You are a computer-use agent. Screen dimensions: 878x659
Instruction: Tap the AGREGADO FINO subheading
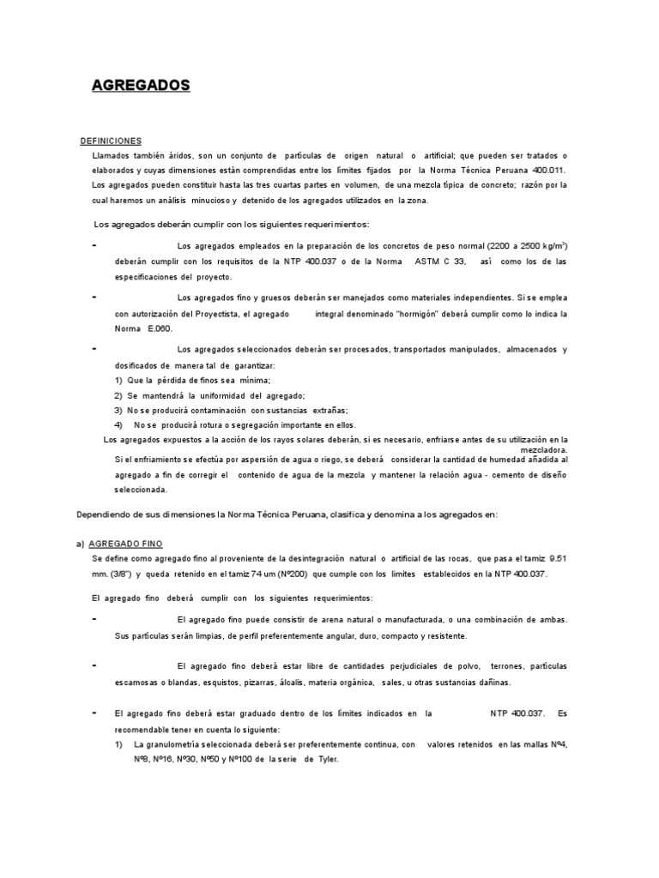pos(125,544)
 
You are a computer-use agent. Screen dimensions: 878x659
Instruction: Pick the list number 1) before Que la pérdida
pos(118,380)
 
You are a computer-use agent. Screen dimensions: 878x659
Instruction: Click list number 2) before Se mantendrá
pos(118,395)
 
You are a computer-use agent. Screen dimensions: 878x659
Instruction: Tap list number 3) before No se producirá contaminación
pos(118,410)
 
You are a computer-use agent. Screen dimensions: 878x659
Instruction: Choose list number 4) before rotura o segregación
pos(118,425)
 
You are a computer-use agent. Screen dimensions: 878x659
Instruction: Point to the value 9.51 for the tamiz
pos(558,559)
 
